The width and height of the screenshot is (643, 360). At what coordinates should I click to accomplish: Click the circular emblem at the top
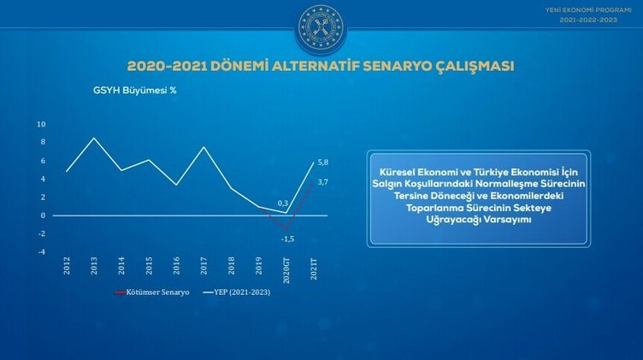click(321, 28)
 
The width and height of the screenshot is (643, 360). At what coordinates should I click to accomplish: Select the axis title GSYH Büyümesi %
click(129, 89)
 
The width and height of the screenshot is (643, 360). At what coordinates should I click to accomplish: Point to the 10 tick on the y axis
click(41, 124)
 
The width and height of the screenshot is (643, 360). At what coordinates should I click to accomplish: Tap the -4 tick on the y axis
click(41, 251)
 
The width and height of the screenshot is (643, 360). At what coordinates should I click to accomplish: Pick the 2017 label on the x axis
click(204, 265)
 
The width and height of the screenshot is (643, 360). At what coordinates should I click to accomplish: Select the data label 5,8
click(323, 162)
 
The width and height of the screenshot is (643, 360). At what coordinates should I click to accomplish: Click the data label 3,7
click(323, 182)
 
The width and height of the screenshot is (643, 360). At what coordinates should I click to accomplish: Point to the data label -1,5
click(287, 239)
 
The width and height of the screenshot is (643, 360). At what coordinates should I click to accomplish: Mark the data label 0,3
click(283, 204)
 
